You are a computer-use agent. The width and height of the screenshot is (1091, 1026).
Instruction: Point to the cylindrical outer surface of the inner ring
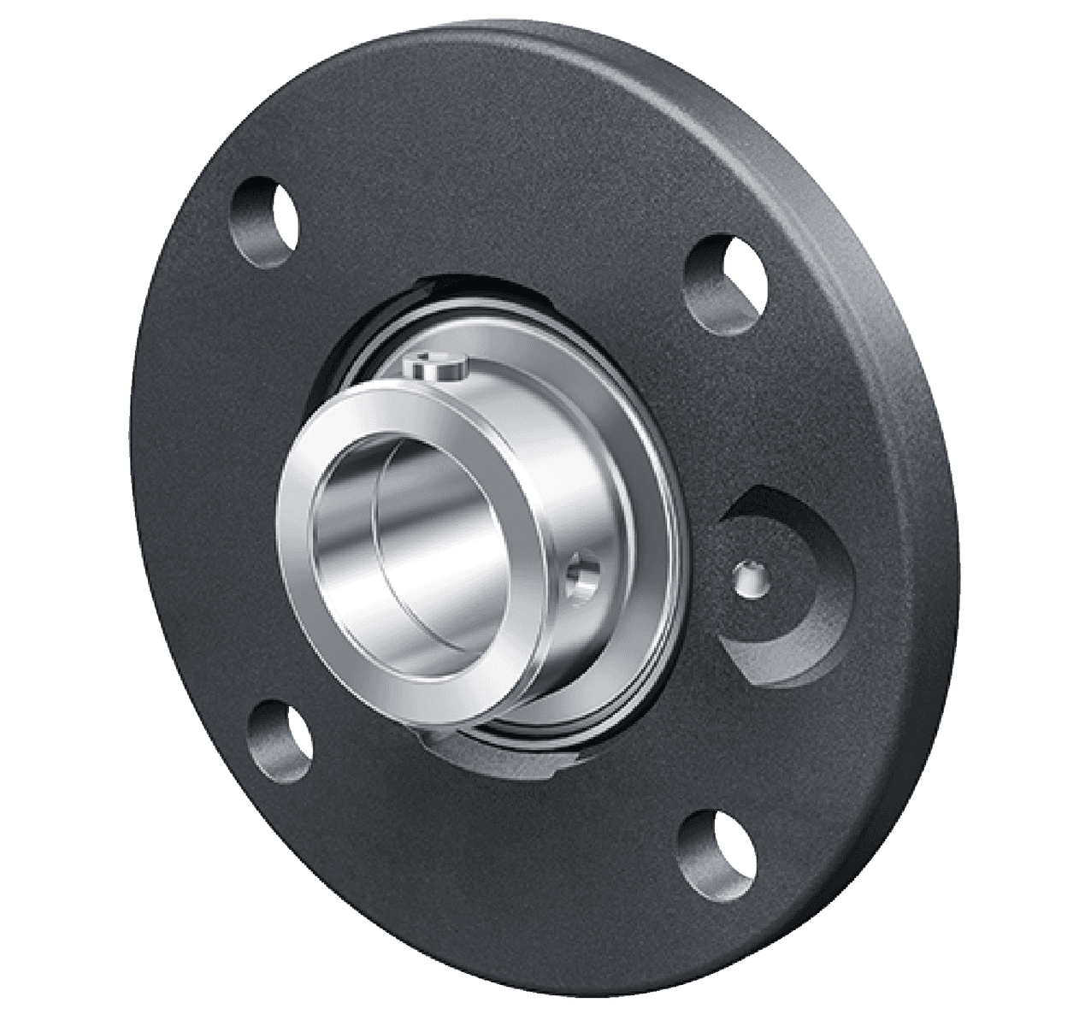[x=547, y=445]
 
